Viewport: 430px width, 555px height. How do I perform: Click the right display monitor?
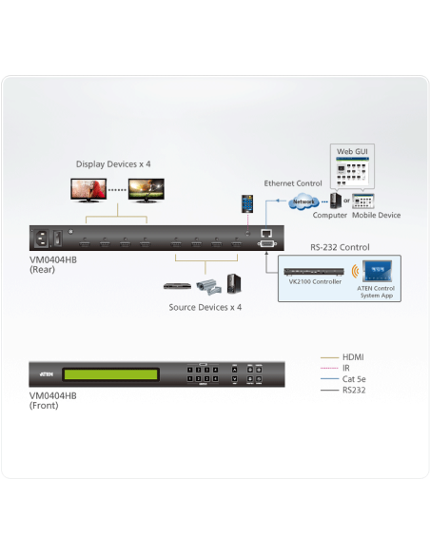pos(147,189)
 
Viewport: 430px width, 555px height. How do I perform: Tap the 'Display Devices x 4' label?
pos(113,164)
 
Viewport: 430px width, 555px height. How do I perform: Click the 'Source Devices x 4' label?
pos(205,307)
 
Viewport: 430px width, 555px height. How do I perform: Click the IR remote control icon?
pos(246,203)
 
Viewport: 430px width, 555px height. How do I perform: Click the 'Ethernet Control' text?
pos(294,182)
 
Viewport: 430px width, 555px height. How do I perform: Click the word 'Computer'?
pos(329,215)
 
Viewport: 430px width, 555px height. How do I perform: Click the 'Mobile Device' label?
pos(376,215)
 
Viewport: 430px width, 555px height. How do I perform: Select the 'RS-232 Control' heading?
pos(339,247)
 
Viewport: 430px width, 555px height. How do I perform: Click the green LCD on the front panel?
pos(109,372)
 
